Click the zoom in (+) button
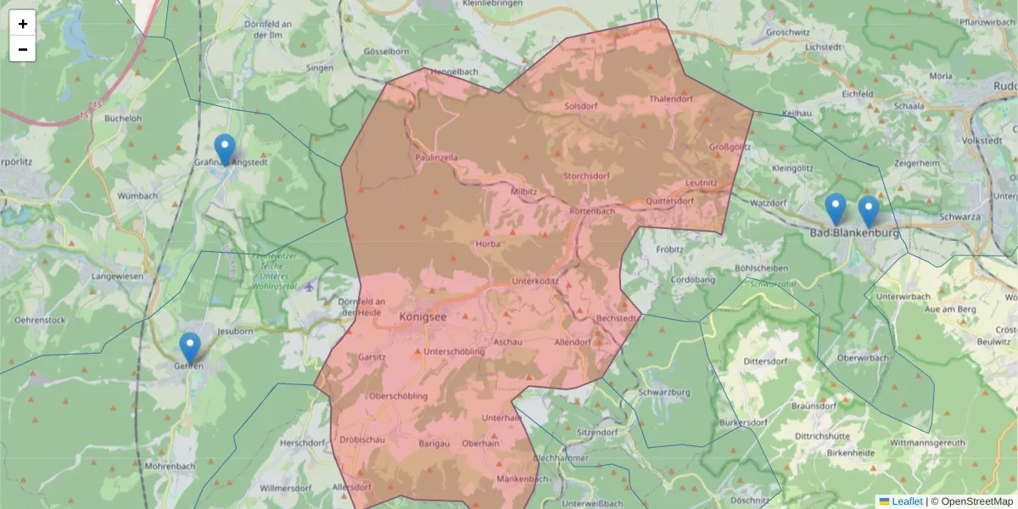click(23, 24)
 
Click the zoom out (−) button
click(23, 49)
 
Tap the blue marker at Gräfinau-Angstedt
click(224, 150)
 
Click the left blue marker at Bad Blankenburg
click(836, 210)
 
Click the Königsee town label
click(422, 316)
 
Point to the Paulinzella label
click(437, 158)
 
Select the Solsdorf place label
click(581, 107)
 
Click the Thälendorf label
click(670, 99)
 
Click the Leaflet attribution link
click(907, 501)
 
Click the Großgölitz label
click(730, 146)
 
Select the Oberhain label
click(480, 443)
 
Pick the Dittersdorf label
click(766, 361)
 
